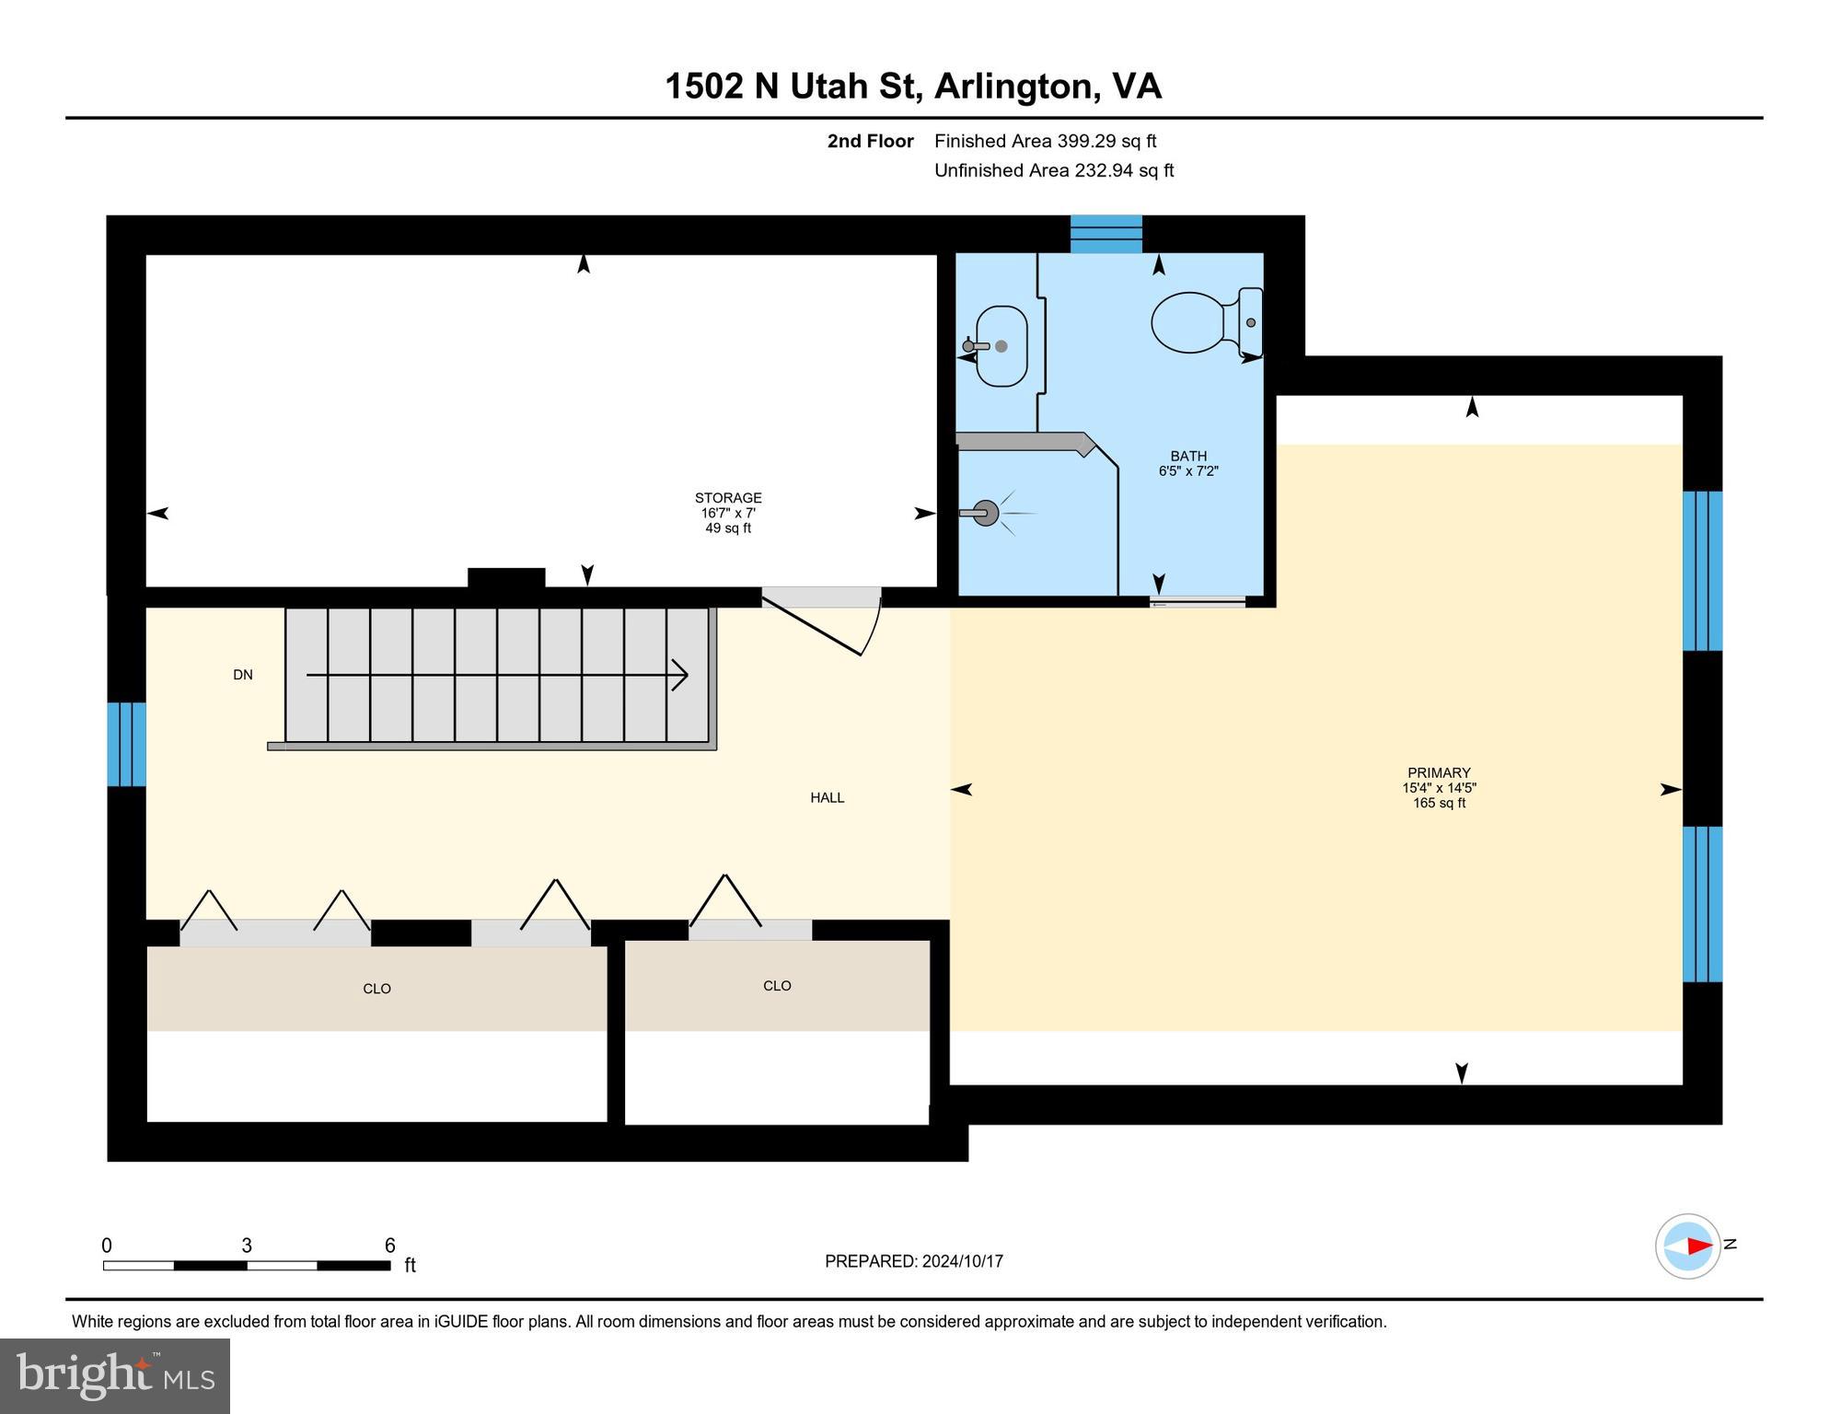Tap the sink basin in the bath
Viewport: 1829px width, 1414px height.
(x=1001, y=346)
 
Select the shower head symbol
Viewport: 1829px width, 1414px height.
(x=985, y=513)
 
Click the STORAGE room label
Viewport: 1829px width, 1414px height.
(x=727, y=498)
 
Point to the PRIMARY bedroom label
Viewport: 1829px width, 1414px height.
(x=1438, y=773)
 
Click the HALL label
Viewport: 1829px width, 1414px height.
(x=827, y=798)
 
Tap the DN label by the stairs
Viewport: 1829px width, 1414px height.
(x=243, y=675)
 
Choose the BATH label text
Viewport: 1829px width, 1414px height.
(x=1187, y=457)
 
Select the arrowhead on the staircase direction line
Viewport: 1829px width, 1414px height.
(x=681, y=675)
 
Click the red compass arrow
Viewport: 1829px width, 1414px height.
(x=1699, y=1246)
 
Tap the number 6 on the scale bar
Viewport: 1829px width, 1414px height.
(x=390, y=1246)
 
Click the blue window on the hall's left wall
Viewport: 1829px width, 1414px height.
(x=127, y=744)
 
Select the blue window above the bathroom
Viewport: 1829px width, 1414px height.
(x=1106, y=234)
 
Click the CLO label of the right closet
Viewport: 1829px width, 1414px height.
(x=777, y=986)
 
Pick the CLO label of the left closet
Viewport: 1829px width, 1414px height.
(x=376, y=989)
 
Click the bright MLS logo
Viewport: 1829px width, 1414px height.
(x=115, y=1375)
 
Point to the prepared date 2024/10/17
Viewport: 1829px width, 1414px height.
(x=963, y=1261)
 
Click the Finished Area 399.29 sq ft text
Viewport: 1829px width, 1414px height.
(x=1045, y=141)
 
